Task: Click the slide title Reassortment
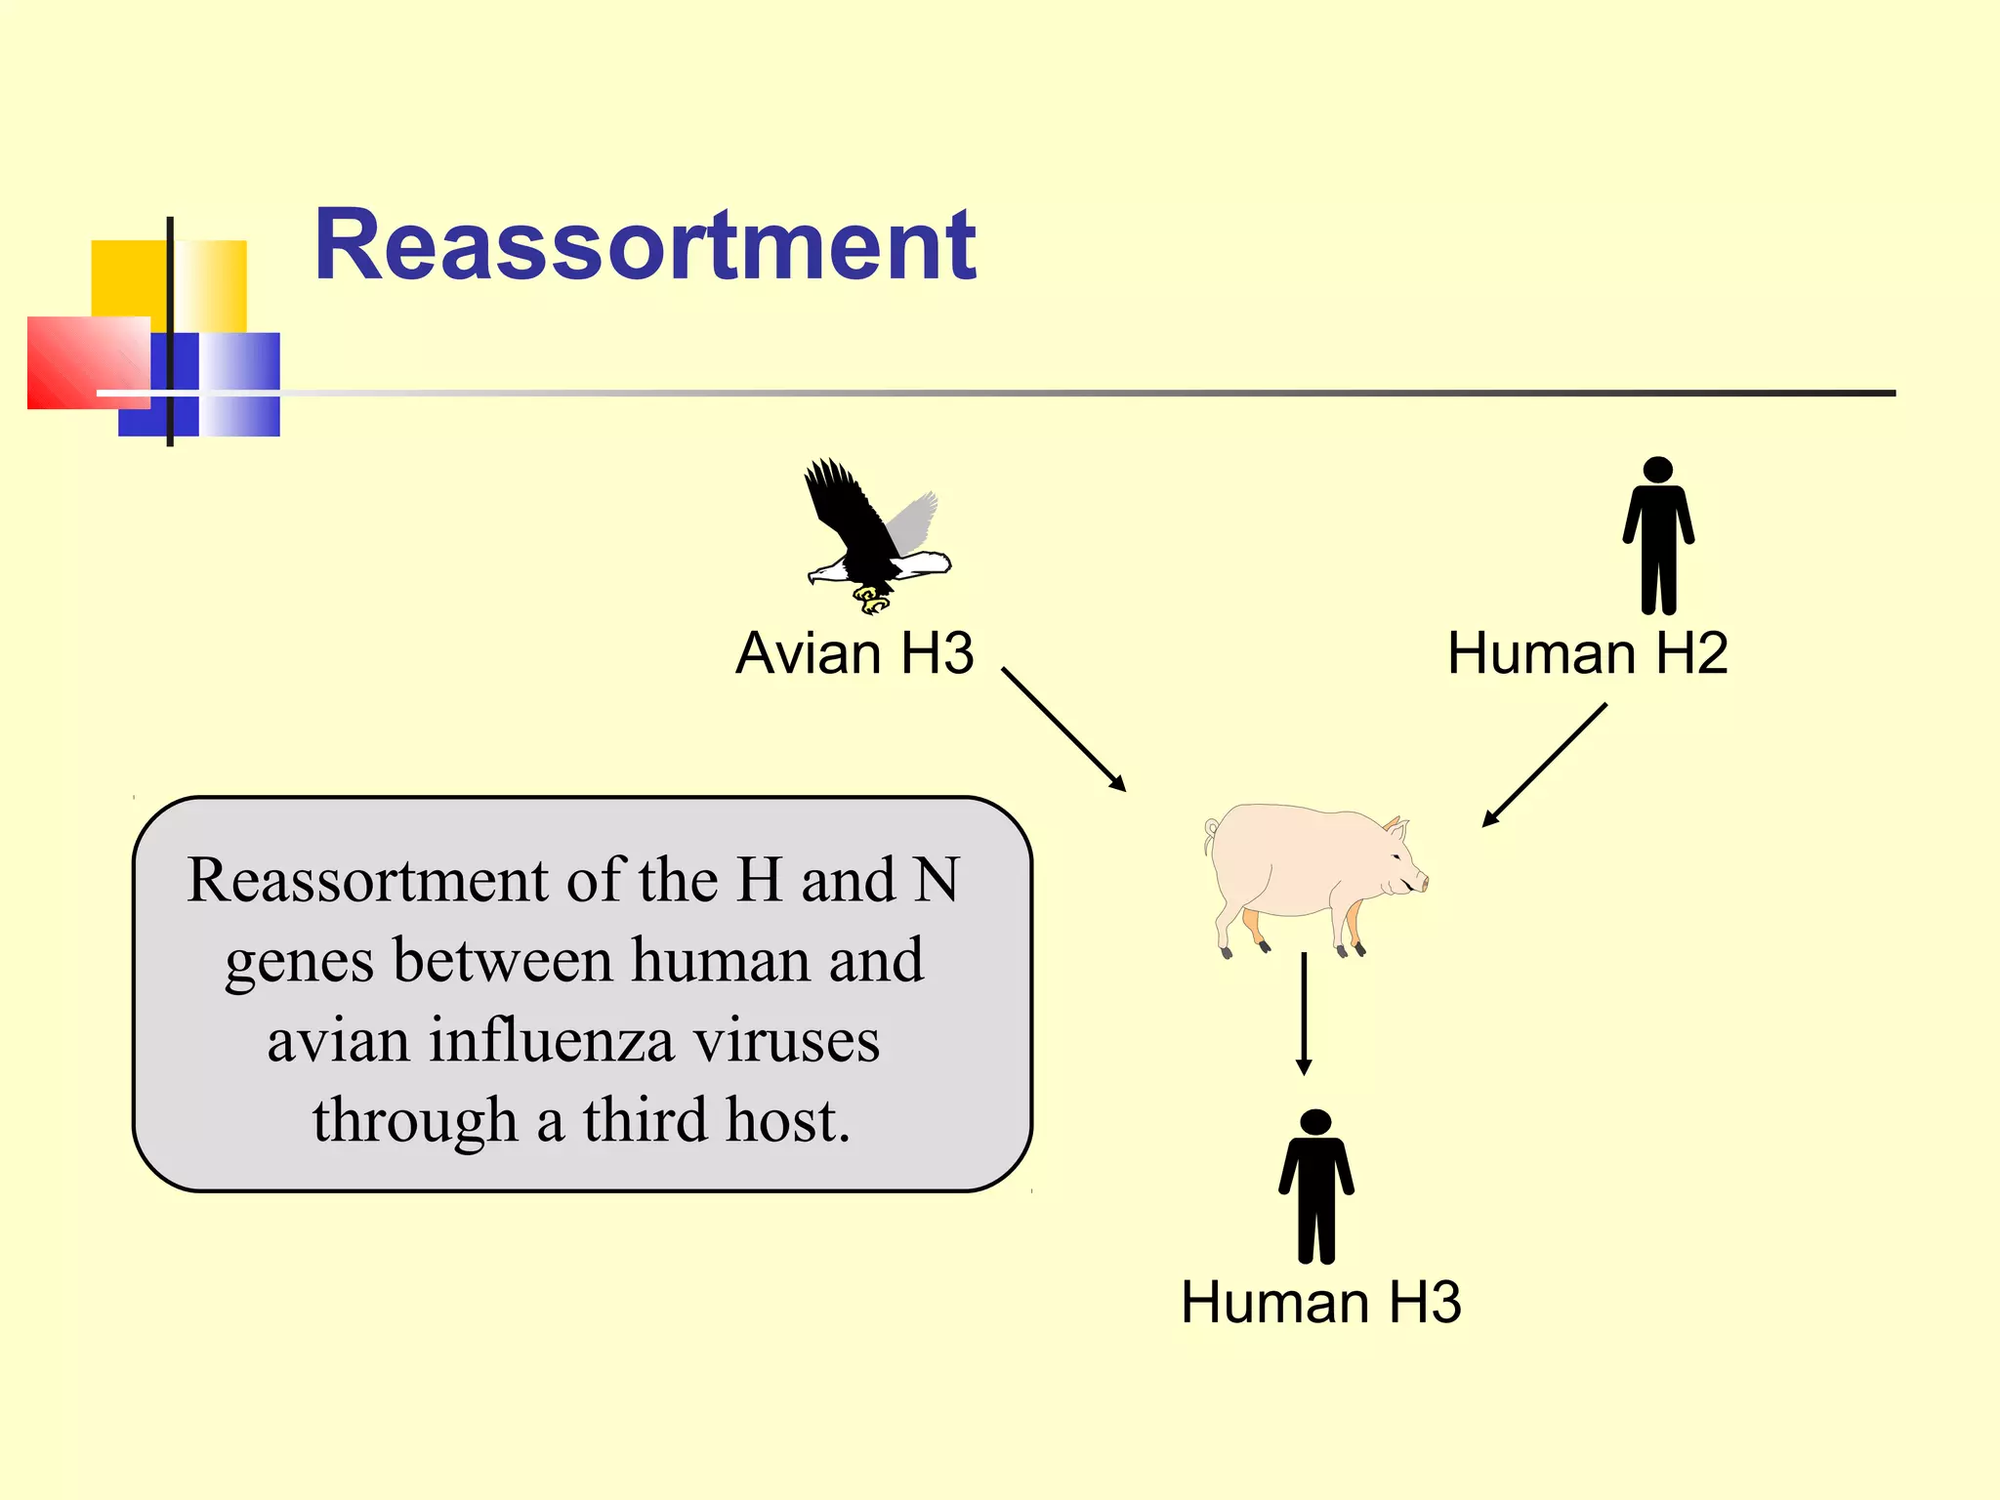pyautogui.click(x=645, y=246)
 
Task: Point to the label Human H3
pyautogui.click(x=1320, y=1302)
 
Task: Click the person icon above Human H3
pyautogui.click(x=1315, y=1187)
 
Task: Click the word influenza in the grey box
pyautogui.click(x=552, y=1040)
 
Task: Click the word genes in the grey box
pyautogui.click(x=299, y=962)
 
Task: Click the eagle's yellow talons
pyautogui.click(x=871, y=599)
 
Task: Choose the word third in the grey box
pyautogui.click(x=646, y=1120)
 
